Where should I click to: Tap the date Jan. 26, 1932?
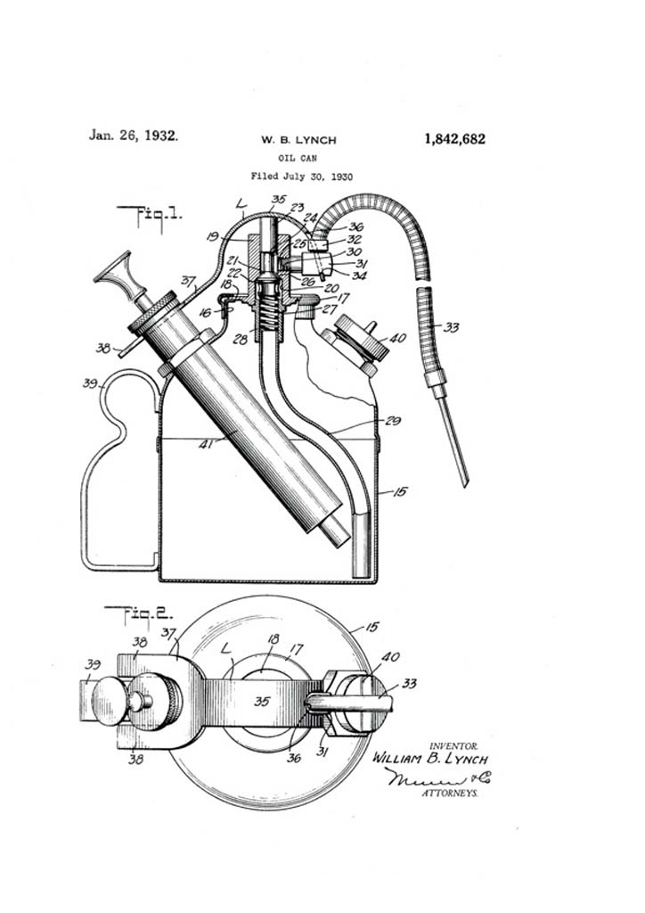(x=133, y=136)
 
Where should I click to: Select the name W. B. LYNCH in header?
(x=298, y=140)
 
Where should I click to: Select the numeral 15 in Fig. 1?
(x=399, y=491)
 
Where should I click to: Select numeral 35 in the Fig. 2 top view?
(x=261, y=701)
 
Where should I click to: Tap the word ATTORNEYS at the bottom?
(x=449, y=792)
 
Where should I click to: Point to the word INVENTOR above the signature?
(x=454, y=745)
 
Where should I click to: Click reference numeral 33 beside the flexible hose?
(x=452, y=328)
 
